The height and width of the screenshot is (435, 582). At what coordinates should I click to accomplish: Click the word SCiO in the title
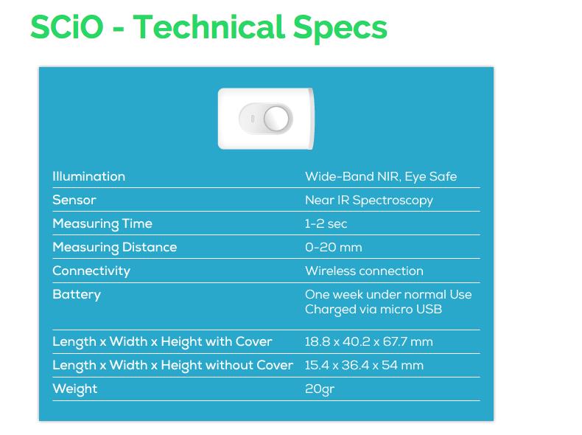(x=67, y=27)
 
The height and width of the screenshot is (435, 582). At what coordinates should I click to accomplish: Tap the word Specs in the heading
(x=340, y=29)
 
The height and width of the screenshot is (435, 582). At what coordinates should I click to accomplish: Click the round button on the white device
(x=276, y=119)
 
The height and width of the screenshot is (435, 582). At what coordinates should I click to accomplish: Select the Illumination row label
(x=88, y=176)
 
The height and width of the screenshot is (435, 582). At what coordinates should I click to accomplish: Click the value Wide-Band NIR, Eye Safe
(x=381, y=177)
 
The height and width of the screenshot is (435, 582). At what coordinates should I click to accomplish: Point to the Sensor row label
(x=74, y=200)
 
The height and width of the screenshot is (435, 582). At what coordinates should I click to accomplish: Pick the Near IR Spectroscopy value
(x=369, y=201)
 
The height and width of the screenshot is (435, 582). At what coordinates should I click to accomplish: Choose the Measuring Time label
(x=102, y=224)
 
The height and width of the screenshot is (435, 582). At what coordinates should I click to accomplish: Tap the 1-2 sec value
(x=326, y=224)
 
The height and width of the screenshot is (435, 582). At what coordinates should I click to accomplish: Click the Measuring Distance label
(x=115, y=248)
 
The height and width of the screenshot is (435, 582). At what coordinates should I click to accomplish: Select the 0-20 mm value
(x=333, y=248)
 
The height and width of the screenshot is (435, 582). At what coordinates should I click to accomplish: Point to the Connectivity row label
(x=91, y=271)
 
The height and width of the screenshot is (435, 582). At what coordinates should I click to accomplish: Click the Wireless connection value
(x=364, y=271)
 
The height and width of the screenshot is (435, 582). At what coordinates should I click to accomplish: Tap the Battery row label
(x=77, y=295)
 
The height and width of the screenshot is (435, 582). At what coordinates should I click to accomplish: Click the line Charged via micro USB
(x=374, y=310)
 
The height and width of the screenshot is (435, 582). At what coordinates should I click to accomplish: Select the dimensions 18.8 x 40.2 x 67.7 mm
(x=369, y=342)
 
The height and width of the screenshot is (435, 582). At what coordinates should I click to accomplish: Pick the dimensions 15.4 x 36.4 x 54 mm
(x=364, y=366)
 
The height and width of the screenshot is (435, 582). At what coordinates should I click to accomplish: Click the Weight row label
(x=74, y=389)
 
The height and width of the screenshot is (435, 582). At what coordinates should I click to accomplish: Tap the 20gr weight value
(x=320, y=390)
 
